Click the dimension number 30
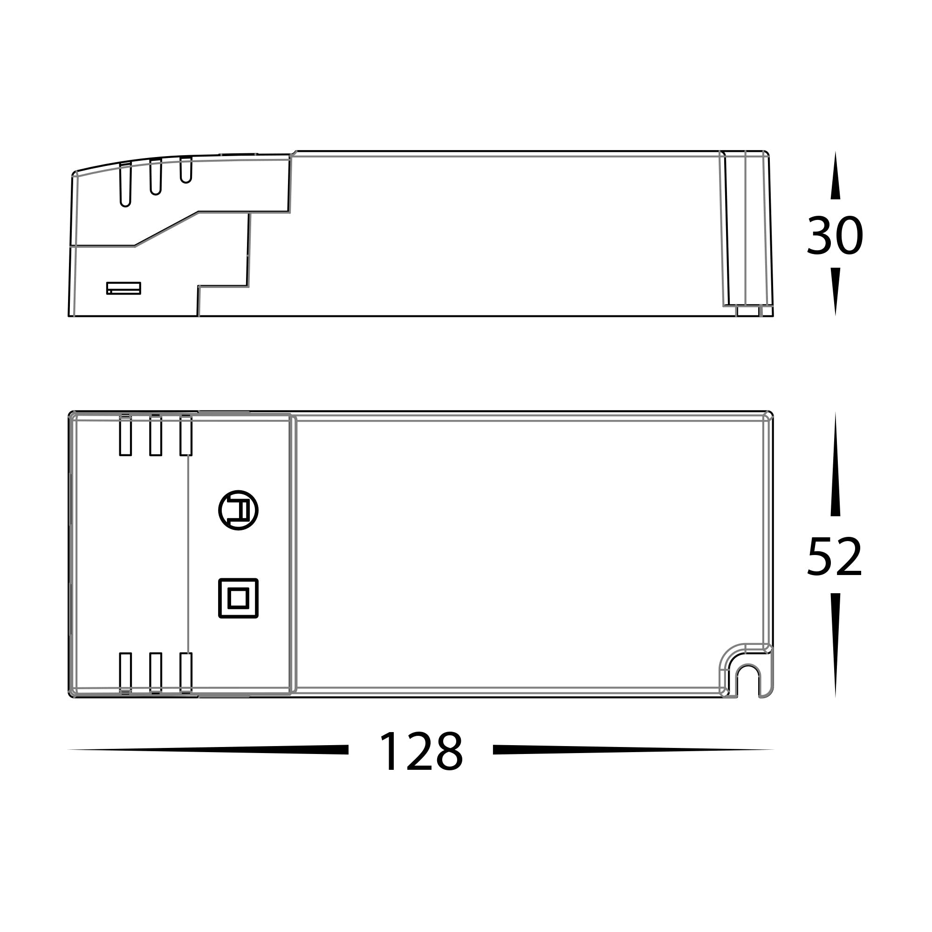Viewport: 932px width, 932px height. tap(835, 236)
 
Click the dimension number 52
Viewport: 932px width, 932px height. tap(835, 557)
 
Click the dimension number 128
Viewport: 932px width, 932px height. tap(421, 752)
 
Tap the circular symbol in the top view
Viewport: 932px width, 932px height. tap(238, 510)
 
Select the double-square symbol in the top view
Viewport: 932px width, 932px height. tap(238, 598)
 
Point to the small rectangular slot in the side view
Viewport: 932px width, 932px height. tap(123, 288)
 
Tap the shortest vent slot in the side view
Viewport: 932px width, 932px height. tap(186, 170)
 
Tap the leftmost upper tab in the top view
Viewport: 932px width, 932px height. tap(125, 435)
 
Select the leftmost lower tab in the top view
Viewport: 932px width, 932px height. tap(125, 673)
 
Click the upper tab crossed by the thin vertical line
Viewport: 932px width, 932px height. tap(186, 435)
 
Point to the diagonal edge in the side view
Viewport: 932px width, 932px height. tap(166, 229)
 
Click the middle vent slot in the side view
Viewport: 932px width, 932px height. tap(155, 178)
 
